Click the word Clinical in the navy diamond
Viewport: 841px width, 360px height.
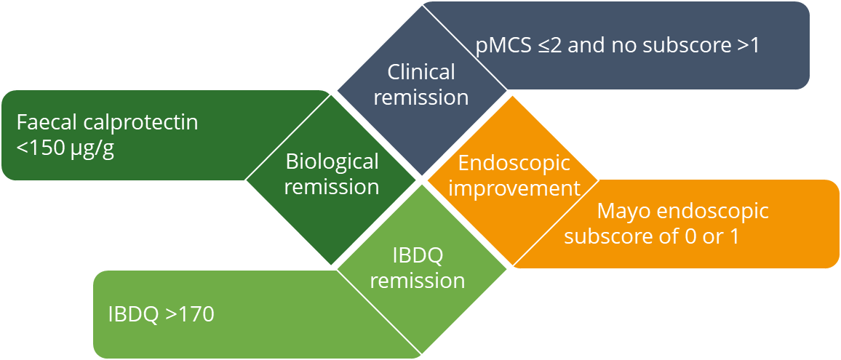click(421, 71)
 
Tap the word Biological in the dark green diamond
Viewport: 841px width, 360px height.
click(332, 161)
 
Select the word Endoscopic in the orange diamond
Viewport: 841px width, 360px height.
click(514, 164)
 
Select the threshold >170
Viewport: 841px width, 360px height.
click(190, 314)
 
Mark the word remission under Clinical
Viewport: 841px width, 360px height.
click(421, 97)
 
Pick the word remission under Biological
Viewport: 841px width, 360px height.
click(332, 187)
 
